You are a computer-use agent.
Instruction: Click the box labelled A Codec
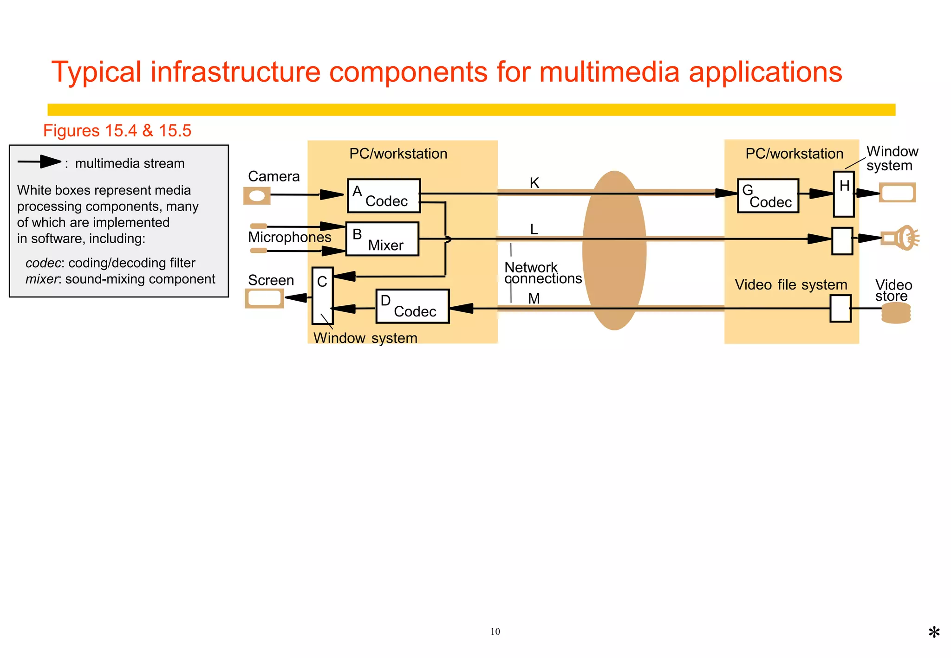[x=384, y=196]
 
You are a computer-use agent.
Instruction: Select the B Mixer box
[x=382, y=239]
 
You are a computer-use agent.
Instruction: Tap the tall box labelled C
[x=322, y=296]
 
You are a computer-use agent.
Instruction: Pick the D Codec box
[x=412, y=306]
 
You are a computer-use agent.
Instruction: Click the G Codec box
[x=768, y=196]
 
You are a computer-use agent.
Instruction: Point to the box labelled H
[x=843, y=194]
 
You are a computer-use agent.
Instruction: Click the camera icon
[x=257, y=195]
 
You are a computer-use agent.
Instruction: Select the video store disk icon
[x=896, y=313]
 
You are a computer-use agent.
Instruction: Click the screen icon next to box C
[x=264, y=298]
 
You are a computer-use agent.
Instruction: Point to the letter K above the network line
[x=534, y=183]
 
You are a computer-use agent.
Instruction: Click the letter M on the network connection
[x=534, y=298]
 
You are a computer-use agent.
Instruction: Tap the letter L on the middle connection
[x=534, y=229]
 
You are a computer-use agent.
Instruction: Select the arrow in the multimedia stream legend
[x=39, y=162]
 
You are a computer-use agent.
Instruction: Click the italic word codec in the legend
[x=43, y=263]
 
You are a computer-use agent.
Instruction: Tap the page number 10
[x=495, y=632]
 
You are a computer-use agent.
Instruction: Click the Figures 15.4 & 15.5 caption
[x=117, y=131]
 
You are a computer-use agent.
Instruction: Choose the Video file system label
[x=790, y=284]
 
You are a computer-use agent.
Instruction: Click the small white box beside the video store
[x=840, y=309]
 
